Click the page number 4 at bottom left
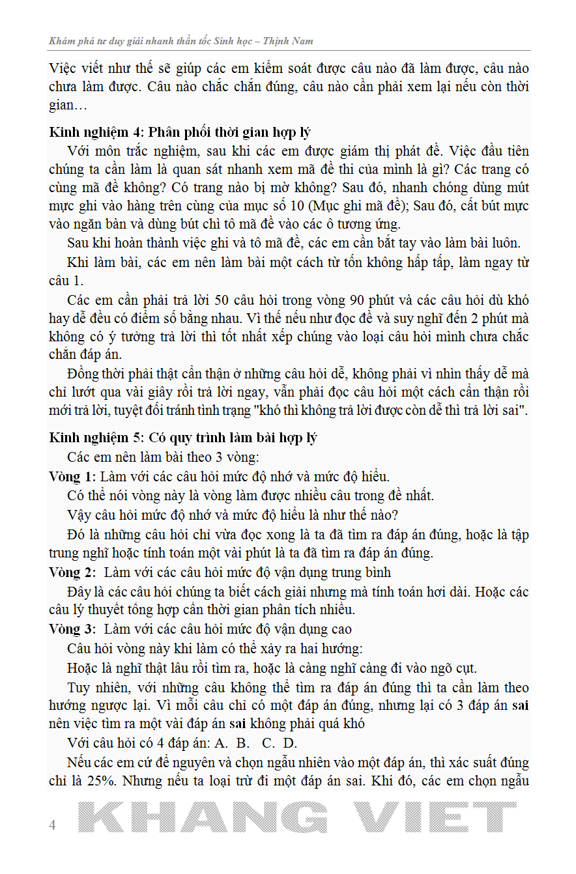pyautogui.click(x=53, y=825)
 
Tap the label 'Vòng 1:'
pyautogui.click(x=72, y=476)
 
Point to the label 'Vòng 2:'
pyautogui.click(x=72, y=572)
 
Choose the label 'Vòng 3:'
pyautogui.click(x=72, y=628)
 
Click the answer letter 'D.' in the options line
pyautogui.click(x=290, y=743)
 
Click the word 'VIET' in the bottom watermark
pyautogui.click(x=438, y=817)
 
